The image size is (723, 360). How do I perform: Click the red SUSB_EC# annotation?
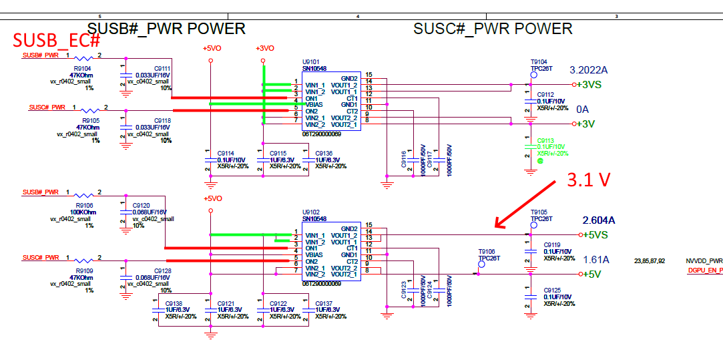(57, 41)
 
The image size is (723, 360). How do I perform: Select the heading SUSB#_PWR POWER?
(166, 29)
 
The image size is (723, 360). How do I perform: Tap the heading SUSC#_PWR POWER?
(493, 29)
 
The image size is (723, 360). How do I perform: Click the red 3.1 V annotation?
(589, 180)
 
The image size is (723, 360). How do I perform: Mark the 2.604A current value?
(599, 220)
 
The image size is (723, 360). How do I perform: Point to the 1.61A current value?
(596, 260)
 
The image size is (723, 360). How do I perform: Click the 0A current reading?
(583, 109)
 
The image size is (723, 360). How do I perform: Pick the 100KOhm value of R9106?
(83, 212)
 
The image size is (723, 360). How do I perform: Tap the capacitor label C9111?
(162, 68)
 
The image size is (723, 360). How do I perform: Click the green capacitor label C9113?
(546, 140)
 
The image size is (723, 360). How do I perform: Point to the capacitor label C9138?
(174, 303)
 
